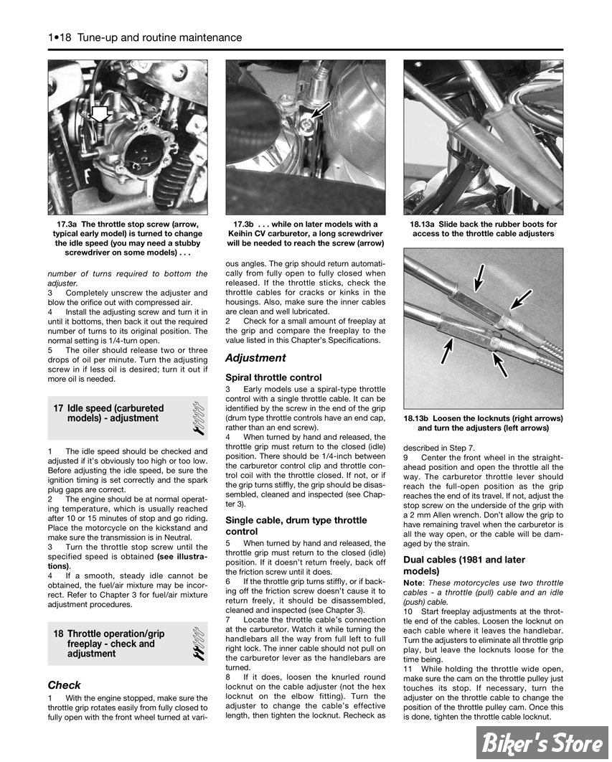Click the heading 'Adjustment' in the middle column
pos(255,357)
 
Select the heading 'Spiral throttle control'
pos(273,377)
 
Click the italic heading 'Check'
pos(64,685)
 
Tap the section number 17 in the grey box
pos(59,408)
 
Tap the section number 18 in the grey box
pos(59,634)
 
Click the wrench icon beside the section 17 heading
pos(199,418)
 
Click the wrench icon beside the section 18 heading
pos(199,644)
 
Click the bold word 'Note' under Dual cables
pos(413,583)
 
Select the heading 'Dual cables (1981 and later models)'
pos(463,565)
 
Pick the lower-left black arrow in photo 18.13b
pos(448,351)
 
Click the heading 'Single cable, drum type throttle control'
pos(296,526)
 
